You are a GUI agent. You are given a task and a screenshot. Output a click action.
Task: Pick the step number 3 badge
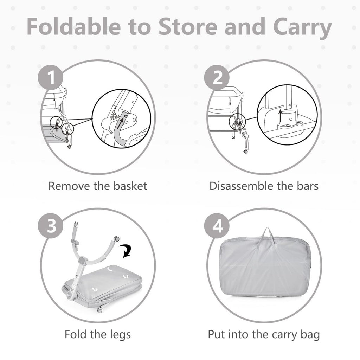51,227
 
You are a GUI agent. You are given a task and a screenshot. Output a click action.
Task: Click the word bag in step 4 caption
310,334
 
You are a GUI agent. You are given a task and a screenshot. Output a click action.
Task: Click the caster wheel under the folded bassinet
100,310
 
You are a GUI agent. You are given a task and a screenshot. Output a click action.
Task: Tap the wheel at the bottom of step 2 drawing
245,152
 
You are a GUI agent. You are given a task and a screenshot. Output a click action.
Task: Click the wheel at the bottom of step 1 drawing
69,147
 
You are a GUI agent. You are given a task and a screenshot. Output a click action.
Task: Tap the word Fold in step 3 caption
75,334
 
